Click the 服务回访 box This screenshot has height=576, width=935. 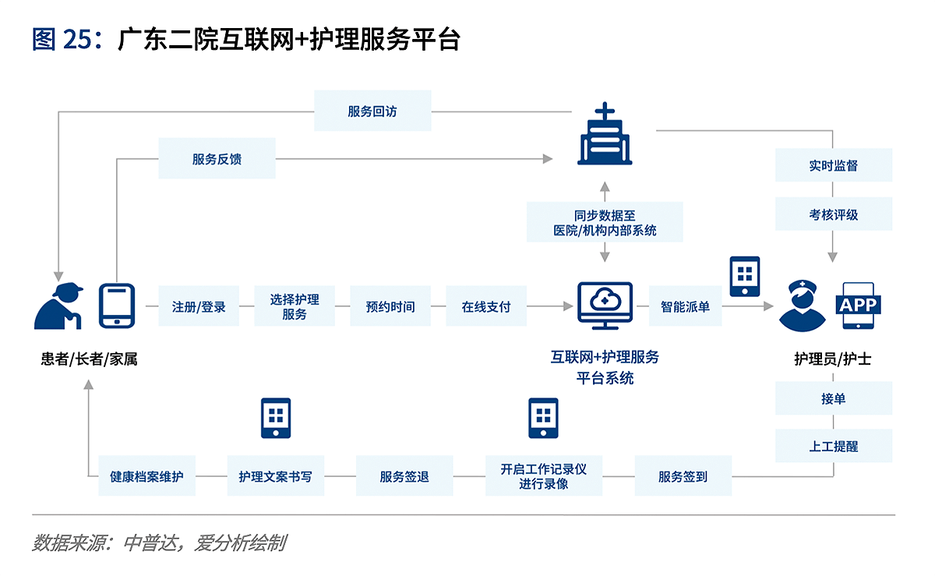click(372, 111)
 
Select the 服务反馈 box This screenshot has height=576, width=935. click(217, 158)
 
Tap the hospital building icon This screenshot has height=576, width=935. click(605, 133)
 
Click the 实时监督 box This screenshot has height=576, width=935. click(834, 165)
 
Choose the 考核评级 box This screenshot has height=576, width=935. click(834, 214)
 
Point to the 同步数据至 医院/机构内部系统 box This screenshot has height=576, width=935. click(605, 222)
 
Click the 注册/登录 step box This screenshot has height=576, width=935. click(199, 306)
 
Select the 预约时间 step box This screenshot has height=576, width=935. click(390, 306)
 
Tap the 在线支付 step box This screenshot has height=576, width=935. click(486, 306)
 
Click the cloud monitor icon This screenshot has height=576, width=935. click(605, 306)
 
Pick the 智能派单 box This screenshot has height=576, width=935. click(685, 306)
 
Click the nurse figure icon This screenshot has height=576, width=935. click(803, 306)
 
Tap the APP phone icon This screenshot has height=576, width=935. click(858, 306)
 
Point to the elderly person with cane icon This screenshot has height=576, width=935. click(58, 306)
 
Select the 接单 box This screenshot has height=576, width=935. click(834, 398)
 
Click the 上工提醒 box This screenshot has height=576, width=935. click(834, 446)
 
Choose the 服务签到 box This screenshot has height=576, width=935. click(683, 475)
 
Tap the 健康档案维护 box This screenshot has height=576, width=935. click(146, 475)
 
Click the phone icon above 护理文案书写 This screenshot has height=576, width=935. click(276, 418)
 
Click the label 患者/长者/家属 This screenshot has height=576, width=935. click(89, 359)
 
